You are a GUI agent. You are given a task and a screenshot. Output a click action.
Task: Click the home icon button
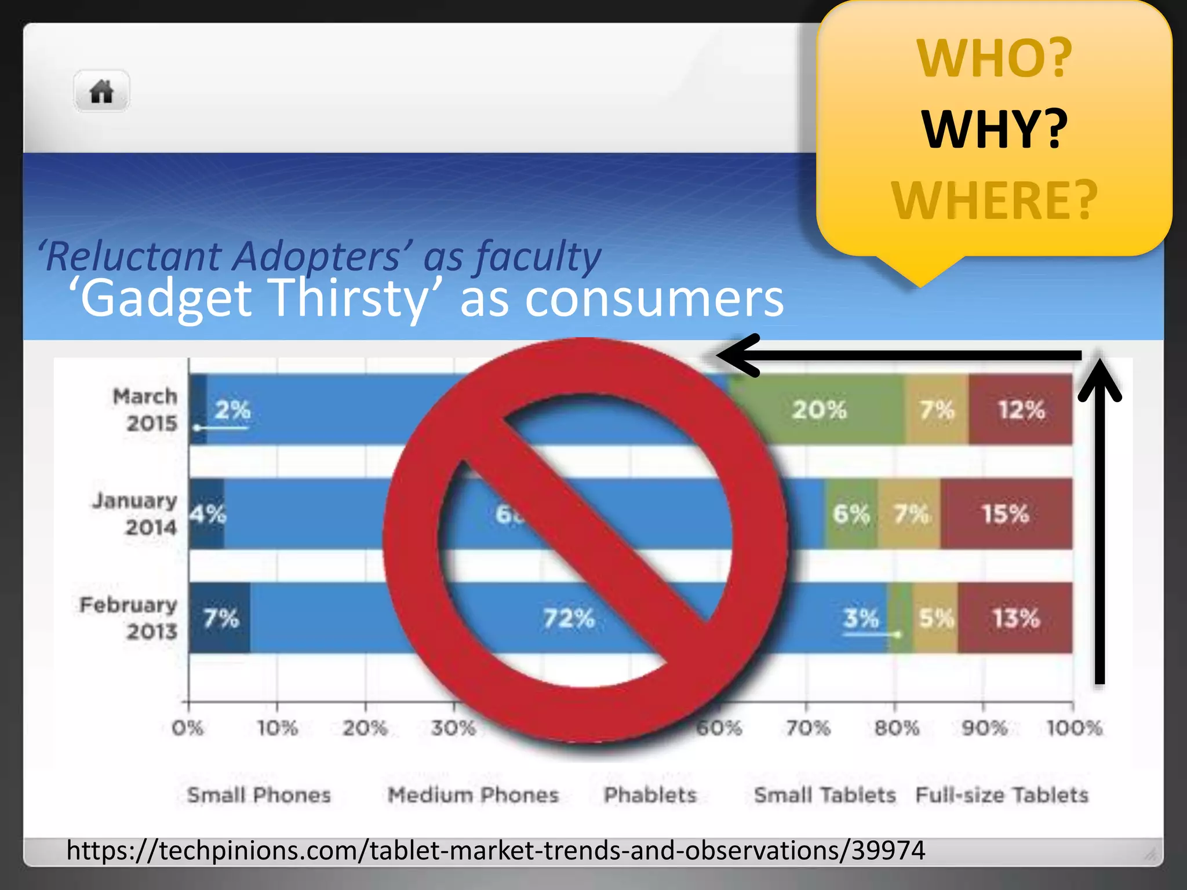pyautogui.click(x=101, y=92)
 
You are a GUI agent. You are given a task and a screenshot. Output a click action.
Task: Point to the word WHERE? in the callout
pyautogui.click(x=994, y=200)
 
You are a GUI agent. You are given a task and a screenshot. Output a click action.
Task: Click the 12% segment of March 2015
pyautogui.click(x=1021, y=410)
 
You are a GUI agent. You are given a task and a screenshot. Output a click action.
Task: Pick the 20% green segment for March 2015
pyautogui.click(x=818, y=410)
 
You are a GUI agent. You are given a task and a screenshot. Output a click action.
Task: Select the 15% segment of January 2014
pyautogui.click(x=1006, y=514)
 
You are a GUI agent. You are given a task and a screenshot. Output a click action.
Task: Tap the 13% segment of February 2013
pyautogui.click(x=1015, y=618)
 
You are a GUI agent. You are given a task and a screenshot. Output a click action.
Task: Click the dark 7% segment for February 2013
pyautogui.click(x=220, y=618)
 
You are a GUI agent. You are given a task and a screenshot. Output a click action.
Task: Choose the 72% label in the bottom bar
pyautogui.click(x=569, y=618)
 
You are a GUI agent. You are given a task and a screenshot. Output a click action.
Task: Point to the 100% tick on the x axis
pyautogui.click(x=1074, y=728)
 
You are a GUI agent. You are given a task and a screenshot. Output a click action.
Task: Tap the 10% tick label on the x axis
pyautogui.click(x=277, y=728)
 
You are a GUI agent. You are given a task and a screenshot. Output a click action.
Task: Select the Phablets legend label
pyautogui.click(x=650, y=795)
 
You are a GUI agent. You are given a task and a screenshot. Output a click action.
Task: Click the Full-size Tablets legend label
pyautogui.click(x=1002, y=795)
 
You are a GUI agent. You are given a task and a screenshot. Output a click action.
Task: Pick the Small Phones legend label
pyautogui.click(x=258, y=795)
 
